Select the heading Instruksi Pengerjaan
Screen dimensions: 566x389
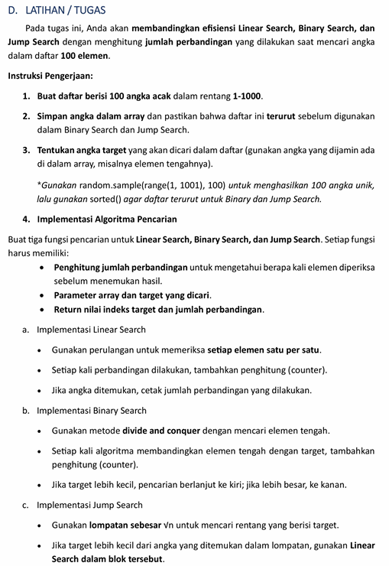50,76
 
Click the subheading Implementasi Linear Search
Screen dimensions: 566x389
91,330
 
